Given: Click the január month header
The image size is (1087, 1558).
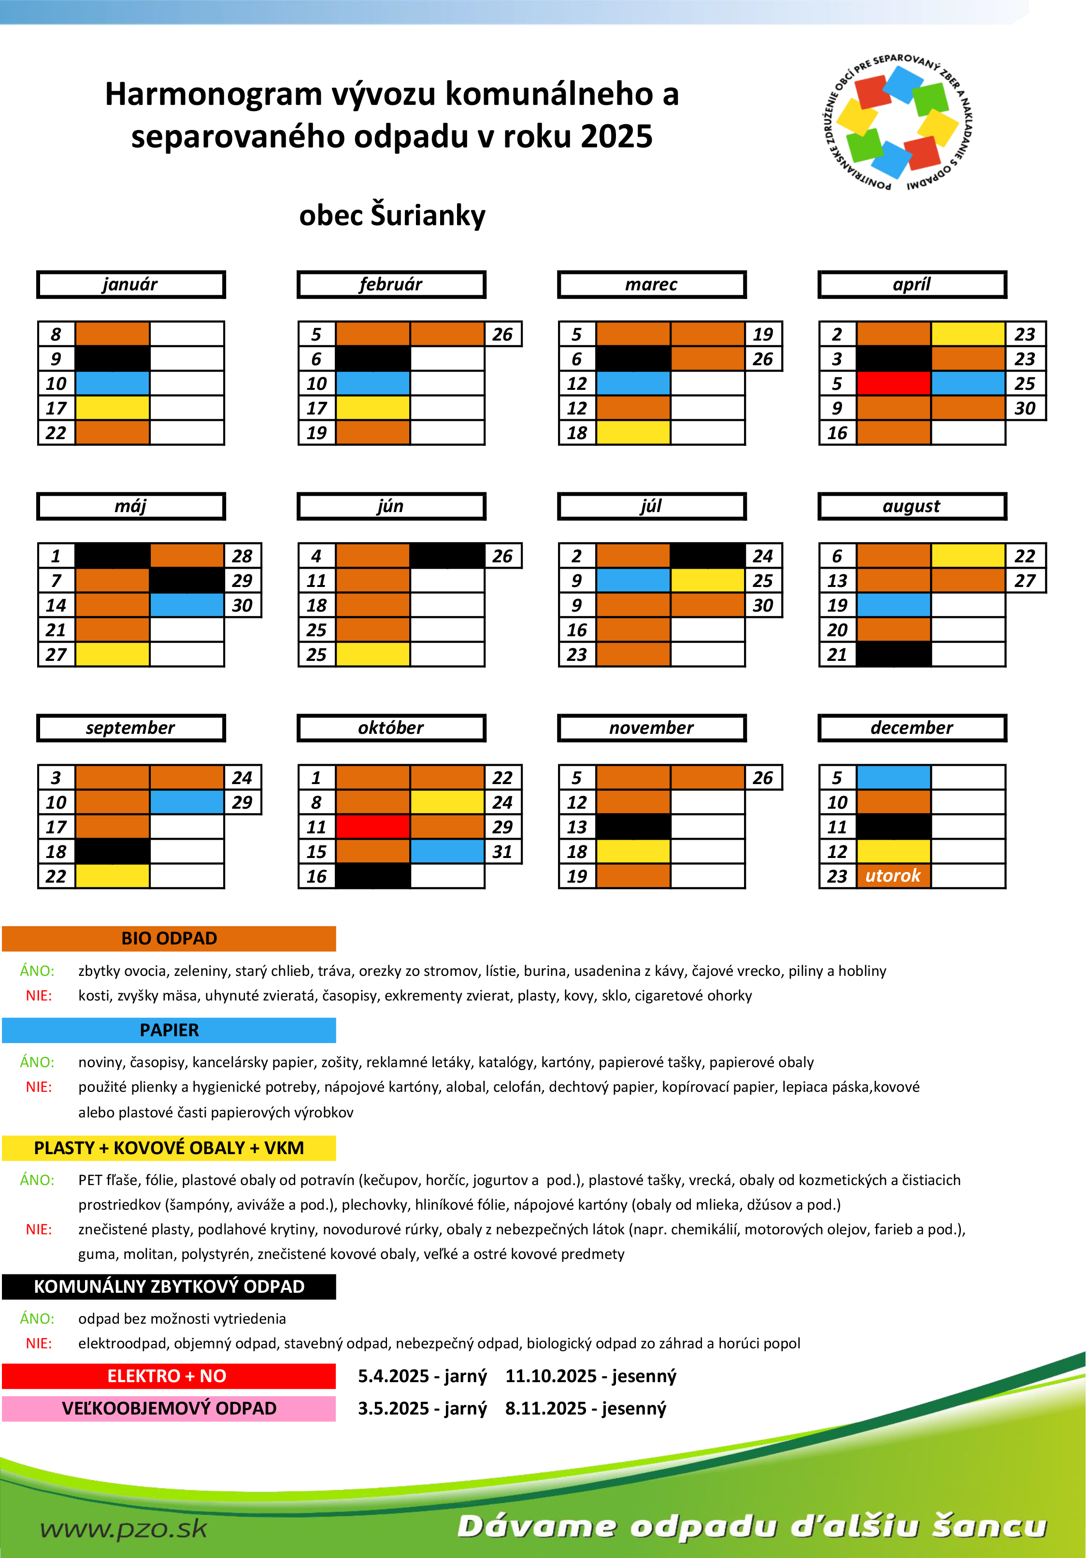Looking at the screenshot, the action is coord(130,285).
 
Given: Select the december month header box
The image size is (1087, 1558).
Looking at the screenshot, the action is coord(912,728).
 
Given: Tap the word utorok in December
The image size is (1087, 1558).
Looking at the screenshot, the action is coord(893,876).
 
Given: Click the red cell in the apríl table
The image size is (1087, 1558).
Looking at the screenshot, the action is coord(894,384).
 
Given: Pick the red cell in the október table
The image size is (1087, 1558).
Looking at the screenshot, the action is coord(373,827).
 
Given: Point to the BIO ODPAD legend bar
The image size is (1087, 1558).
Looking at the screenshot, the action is coord(169,939).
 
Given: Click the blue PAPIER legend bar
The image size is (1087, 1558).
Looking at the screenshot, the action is coord(169,1030).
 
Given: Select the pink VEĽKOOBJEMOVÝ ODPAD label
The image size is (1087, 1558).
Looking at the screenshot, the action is coord(169,1408).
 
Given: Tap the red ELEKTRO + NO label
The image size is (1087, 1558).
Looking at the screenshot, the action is coord(169,1376).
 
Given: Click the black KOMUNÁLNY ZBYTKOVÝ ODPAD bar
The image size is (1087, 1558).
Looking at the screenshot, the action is coord(169,1286).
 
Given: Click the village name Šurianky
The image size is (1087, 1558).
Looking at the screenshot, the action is coord(428,215).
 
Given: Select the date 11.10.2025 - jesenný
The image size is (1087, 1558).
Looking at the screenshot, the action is coord(590,1376).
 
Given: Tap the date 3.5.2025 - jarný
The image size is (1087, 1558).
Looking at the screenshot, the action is coord(422,1408).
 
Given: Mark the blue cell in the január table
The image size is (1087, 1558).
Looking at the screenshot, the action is coord(113,384).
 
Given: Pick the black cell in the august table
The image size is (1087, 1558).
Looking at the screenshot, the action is coord(894,654).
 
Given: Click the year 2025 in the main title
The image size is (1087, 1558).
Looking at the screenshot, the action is coord(617,136).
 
